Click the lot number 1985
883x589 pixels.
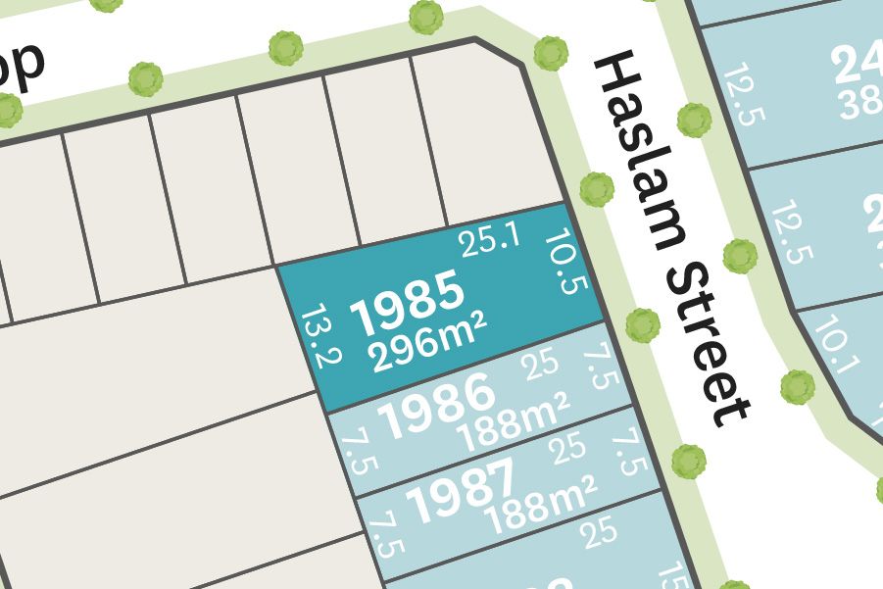(408, 300)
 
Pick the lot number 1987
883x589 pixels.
(460, 487)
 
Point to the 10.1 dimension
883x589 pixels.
(836, 347)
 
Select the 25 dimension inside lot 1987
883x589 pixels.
(569, 451)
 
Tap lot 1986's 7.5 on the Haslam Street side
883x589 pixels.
(599, 366)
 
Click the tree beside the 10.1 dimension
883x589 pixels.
(797, 387)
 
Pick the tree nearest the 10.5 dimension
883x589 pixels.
(596, 189)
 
